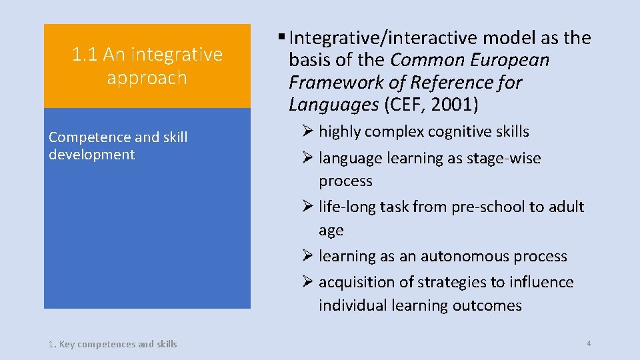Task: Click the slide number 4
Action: pos(589,343)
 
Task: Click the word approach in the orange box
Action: pos(147,77)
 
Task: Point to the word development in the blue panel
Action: pos(91,155)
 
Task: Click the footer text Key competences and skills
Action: pos(118,344)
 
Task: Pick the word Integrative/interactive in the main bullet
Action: pos(379,38)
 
